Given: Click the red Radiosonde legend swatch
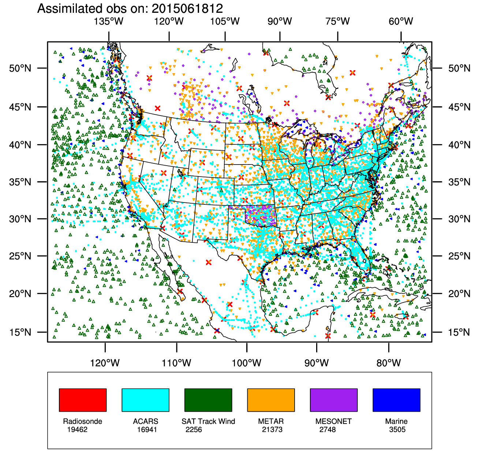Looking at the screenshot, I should (83, 400).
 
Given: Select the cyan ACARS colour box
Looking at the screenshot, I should (145, 400).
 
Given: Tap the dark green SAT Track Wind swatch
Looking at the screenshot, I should (208, 400).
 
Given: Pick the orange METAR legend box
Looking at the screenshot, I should (271, 400).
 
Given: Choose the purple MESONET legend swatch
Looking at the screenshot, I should (334, 400).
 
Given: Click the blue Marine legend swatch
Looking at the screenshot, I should (396, 400).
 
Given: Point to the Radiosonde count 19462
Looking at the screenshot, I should (77, 430).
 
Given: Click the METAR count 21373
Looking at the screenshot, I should (272, 430).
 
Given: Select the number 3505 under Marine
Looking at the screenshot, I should (397, 430).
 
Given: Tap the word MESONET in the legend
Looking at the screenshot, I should (333, 421).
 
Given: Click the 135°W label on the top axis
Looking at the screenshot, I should (109, 21).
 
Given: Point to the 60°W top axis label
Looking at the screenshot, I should (401, 21).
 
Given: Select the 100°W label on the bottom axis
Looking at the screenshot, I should (247, 363).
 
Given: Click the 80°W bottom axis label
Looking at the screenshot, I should (389, 363).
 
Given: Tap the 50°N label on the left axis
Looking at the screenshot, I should (20, 68).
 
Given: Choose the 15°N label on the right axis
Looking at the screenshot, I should (459, 332).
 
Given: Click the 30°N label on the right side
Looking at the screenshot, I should (459, 219).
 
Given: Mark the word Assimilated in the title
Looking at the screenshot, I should (68, 8).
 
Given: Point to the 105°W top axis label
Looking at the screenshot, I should (225, 21).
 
